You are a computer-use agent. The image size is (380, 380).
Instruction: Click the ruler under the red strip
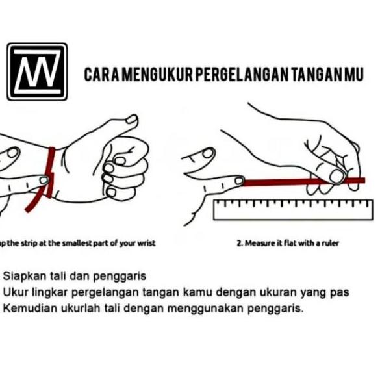point(292,209)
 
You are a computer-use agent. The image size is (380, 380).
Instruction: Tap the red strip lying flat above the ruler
point(286,181)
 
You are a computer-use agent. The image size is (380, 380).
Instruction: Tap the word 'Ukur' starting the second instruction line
point(14,292)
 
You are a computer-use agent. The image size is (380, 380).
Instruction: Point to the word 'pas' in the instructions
point(340,292)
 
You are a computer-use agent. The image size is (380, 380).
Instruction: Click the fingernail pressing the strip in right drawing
point(337,175)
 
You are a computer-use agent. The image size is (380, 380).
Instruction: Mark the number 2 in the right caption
point(239,243)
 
